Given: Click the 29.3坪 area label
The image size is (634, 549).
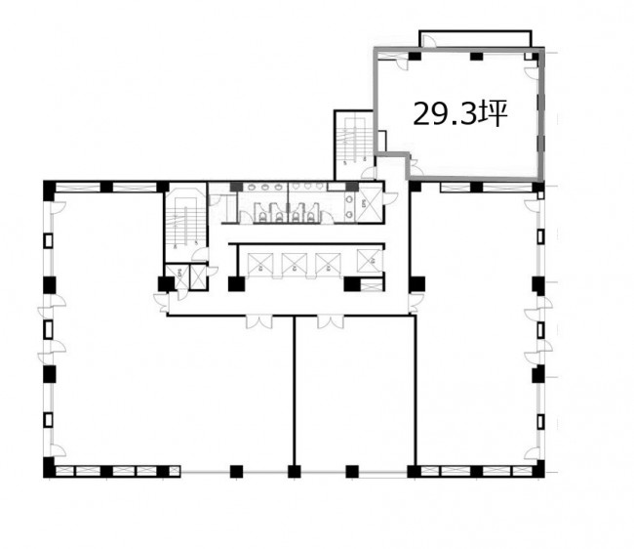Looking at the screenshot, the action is click(460, 113).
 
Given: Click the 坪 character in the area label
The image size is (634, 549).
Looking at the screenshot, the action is click(493, 113).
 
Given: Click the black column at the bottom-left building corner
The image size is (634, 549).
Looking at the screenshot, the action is click(49, 468).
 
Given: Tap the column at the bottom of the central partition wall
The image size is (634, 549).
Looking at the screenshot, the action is click(295, 472).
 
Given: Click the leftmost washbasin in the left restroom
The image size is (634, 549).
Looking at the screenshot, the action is click(252, 187).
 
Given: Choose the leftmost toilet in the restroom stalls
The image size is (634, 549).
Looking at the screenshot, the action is click(262, 218).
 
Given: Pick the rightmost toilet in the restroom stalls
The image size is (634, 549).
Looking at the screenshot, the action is click(310, 218).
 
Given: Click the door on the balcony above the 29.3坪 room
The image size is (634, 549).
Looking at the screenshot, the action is click(428, 40).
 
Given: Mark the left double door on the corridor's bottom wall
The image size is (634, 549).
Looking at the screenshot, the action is click(259, 321).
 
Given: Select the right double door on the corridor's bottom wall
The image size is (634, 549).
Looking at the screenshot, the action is click(331, 321).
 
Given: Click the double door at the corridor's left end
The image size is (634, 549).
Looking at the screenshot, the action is click(162, 303).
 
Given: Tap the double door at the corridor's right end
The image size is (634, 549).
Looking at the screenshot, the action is click(416, 304).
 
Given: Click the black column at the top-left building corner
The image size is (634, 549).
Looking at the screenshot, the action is click(49, 190).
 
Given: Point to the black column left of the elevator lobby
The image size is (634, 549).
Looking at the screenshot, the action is click(236, 284).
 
